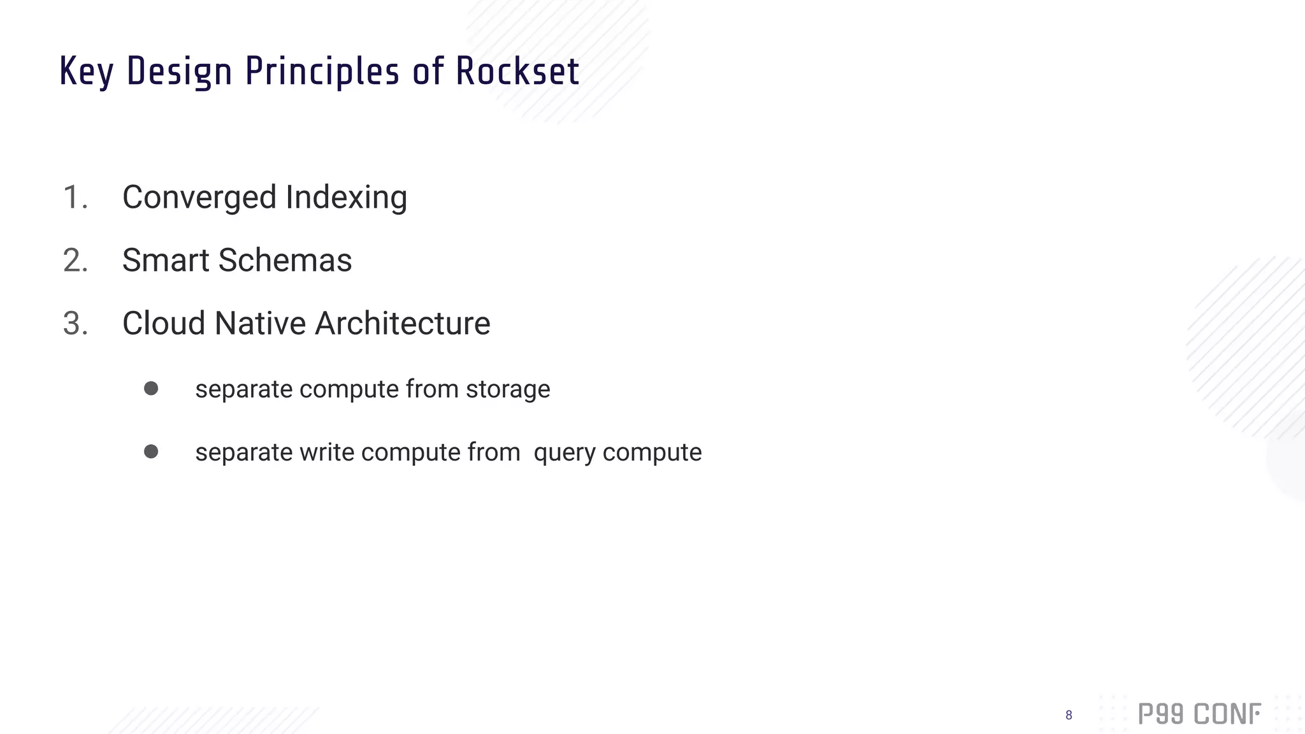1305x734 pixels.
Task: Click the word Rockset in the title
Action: click(517, 71)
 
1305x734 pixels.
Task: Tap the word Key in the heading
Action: click(87, 71)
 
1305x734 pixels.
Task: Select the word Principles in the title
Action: click(322, 71)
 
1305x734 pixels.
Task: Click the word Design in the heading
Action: click(179, 71)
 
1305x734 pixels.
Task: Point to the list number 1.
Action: click(75, 197)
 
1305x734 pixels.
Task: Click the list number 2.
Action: click(75, 260)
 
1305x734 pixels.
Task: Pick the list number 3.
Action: click(75, 323)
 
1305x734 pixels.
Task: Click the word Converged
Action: click(199, 198)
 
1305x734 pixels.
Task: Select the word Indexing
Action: click(346, 198)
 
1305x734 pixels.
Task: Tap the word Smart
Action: click(166, 260)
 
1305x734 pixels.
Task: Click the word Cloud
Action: click(164, 323)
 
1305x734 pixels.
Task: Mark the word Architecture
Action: click(403, 323)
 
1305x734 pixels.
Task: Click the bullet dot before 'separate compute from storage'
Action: click(151, 389)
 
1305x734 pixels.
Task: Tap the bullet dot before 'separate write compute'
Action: click(151, 452)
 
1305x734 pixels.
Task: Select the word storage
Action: click(508, 389)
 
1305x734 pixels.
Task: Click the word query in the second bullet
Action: click(564, 453)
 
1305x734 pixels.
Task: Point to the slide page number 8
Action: click(1069, 716)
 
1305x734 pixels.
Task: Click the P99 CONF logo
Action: click(1199, 714)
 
